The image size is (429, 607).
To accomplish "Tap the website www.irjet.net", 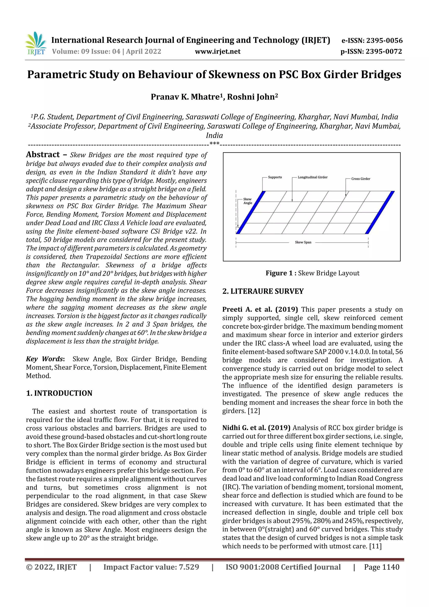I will (218, 52).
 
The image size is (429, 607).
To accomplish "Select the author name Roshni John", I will (252, 97).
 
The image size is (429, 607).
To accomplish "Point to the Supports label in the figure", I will (275, 177).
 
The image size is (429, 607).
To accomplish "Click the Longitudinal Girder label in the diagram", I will (313, 177).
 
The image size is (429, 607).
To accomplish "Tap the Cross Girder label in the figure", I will (361, 179).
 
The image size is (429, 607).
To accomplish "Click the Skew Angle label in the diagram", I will (247, 201).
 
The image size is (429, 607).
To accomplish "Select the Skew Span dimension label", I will (303, 242).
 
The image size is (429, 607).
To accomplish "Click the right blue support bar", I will (380, 212).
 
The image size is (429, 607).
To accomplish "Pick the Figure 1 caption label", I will (281, 273).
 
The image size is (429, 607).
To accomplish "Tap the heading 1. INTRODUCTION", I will (59, 393).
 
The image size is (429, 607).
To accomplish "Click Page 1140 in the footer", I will (381, 567).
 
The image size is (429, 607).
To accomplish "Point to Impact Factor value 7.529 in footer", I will (151, 567).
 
